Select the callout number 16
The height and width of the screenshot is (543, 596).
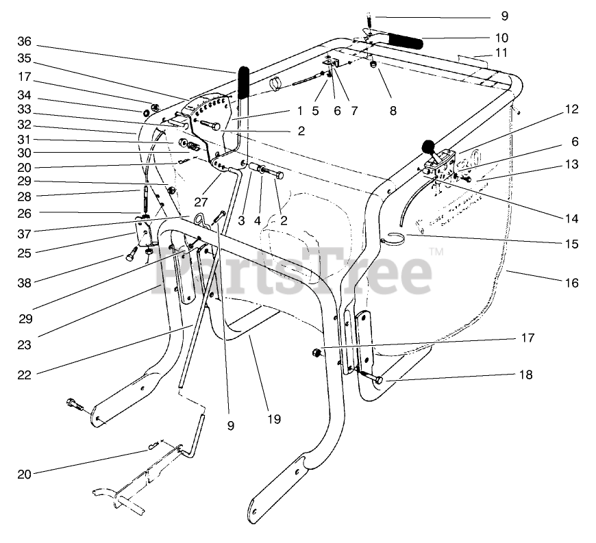coord(572,282)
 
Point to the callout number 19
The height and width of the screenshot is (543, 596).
coord(274,418)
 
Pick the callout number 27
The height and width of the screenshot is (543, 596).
coord(200,202)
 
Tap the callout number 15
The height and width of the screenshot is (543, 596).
coord(572,243)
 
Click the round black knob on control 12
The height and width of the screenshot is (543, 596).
coord(429,145)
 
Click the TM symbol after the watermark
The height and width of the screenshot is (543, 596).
coord(436,254)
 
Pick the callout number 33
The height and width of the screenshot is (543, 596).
coord(24,109)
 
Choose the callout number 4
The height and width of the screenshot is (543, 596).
coord(259,220)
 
